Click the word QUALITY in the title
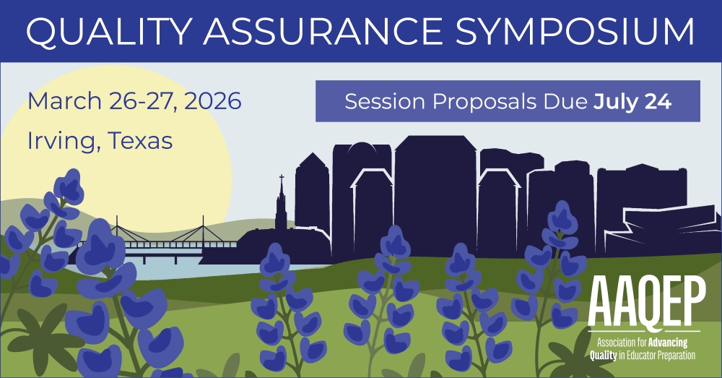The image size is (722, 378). point(109,31)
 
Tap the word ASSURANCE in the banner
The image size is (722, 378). point(322,31)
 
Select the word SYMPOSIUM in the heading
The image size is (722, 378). point(575,31)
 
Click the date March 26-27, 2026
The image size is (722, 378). point(134,101)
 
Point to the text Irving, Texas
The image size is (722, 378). point(100,141)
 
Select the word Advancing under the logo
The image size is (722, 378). point(668,343)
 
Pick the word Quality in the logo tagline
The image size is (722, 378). point(603,355)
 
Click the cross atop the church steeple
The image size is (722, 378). point(282,179)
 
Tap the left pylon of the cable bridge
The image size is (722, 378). point(117,229)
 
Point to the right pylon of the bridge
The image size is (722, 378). point(203,229)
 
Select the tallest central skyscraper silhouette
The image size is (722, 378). point(435,194)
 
